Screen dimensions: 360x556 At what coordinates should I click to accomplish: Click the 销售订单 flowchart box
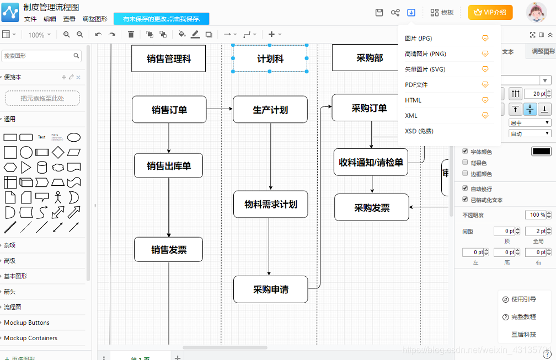tap(169, 109)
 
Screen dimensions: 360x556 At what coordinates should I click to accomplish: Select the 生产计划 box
tap(270, 109)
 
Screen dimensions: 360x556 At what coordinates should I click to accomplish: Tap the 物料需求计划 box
tap(270, 205)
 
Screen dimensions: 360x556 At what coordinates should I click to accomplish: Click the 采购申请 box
tap(270, 289)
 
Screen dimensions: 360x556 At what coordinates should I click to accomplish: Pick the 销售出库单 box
tap(169, 165)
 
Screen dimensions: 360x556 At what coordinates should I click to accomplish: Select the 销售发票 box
tap(169, 250)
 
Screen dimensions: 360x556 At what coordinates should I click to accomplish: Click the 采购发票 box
tap(372, 208)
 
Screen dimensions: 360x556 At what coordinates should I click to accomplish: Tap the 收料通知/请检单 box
tap(371, 162)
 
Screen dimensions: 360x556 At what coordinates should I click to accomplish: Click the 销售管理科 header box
tap(169, 58)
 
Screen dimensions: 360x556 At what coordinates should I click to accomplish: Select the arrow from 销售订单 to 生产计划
tap(220, 109)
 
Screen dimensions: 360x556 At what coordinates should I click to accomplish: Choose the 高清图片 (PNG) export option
tap(425, 54)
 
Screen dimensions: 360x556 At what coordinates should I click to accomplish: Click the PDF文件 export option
tap(416, 85)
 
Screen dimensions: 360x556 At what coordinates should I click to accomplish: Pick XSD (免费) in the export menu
tap(419, 131)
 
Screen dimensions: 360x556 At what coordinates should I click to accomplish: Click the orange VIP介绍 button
tap(490, 12)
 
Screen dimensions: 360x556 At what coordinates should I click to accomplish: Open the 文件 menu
tap(30, 19)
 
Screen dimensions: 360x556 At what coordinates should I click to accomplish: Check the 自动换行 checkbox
tap(465, 189)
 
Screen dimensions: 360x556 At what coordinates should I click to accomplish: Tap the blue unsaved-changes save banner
tap(162, 19)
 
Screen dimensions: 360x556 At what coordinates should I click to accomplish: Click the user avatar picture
tap(536, 13)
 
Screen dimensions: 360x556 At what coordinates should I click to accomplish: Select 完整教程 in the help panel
tap(523, 317)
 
